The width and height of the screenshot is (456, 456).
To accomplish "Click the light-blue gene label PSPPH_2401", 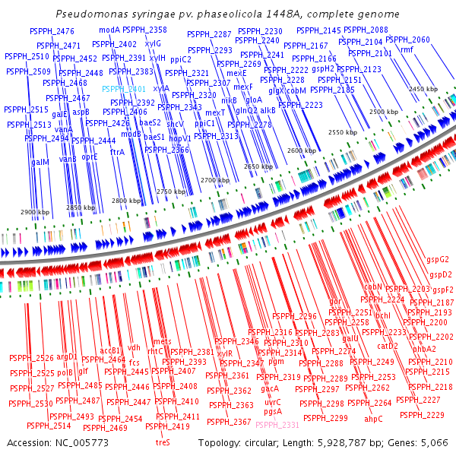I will tap(124, 89).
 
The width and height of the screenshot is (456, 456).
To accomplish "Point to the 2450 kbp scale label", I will tap(423, 89).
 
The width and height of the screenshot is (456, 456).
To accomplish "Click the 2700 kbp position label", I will tap(214, 180).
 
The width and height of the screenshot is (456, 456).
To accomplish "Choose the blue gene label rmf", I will tap(407, 49).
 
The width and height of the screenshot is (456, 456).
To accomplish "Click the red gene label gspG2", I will tap(439, 259).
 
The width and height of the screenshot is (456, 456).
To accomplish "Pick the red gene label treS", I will tap(163, 442).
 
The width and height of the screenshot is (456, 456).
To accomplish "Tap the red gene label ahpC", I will tap(373, 419).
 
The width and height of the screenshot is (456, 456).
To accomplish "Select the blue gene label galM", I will tap(40, 162).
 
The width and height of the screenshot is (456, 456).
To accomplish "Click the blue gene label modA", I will tap(109, 30).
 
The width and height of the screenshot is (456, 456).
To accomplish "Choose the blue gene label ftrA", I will tap(118, 152).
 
